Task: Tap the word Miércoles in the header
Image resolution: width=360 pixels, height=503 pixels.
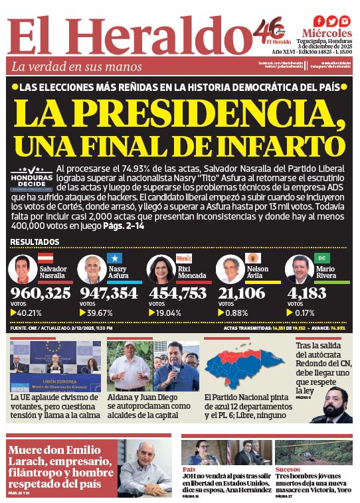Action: pos(327,33)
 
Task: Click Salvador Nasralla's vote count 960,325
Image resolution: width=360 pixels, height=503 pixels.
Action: pos(41,294)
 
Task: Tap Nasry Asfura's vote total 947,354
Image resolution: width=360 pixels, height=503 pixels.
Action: pos(110,294)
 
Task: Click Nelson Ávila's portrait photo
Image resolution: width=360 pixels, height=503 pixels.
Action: pos(230,269)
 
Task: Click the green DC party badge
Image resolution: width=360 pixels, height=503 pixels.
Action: pos(321,257)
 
